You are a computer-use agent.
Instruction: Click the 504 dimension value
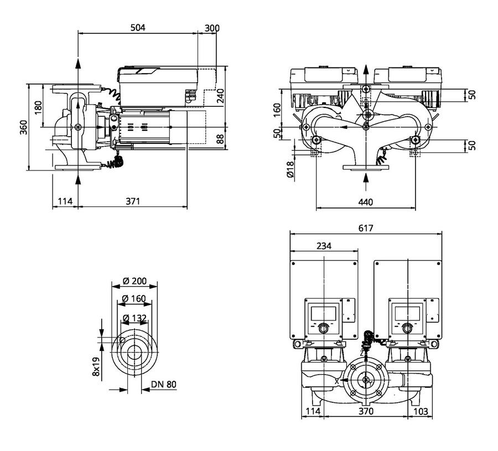coord(138,28)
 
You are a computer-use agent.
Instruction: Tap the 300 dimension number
coord(212,28)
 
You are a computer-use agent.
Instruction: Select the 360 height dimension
coord(24,127)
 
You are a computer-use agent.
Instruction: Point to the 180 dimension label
coord(38,108)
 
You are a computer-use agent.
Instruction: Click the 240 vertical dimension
coord(220,96)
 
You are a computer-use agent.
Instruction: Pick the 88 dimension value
coord(220,139)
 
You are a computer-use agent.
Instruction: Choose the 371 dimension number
coord(133,201)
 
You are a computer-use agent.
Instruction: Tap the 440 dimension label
coord(366,202)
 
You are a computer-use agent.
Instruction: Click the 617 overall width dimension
coord(366,228)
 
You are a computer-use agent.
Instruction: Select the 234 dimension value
coord(324,246)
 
